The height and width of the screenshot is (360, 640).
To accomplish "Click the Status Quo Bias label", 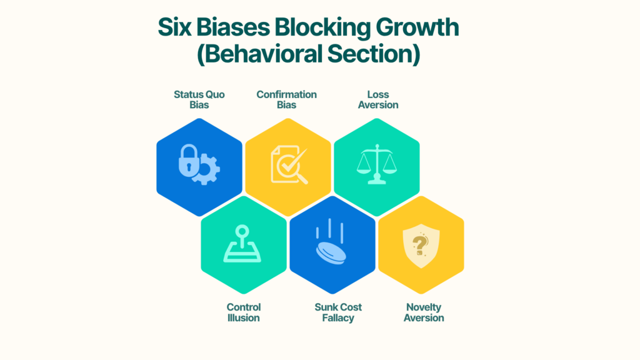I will pos(199,99).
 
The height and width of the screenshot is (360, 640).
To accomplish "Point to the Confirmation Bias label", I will pos(287,99).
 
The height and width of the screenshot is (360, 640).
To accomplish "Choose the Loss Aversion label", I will pos(378,99).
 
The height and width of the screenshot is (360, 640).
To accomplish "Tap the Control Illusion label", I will pos(244,312).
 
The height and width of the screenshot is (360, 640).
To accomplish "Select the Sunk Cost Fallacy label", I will pos(338,312).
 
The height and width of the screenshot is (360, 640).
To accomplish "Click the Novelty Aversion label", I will pos(424,312).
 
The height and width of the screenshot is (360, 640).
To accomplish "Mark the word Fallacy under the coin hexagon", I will pos(338,318).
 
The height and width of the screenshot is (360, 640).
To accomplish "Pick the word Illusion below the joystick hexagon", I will pos(244,318).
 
